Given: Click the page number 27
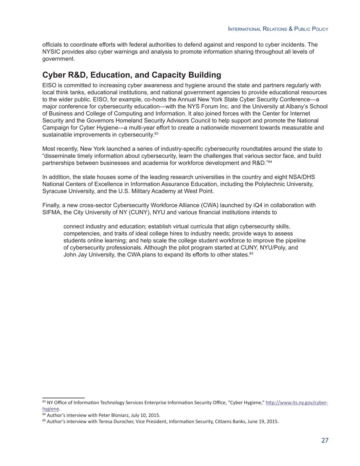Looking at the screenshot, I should (x=325, y=440).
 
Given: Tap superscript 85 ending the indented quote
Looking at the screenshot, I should (x=251, y=253).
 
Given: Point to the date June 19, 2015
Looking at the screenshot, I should (x=261, y=421).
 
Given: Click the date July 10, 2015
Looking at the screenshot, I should (x=145, y=415).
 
